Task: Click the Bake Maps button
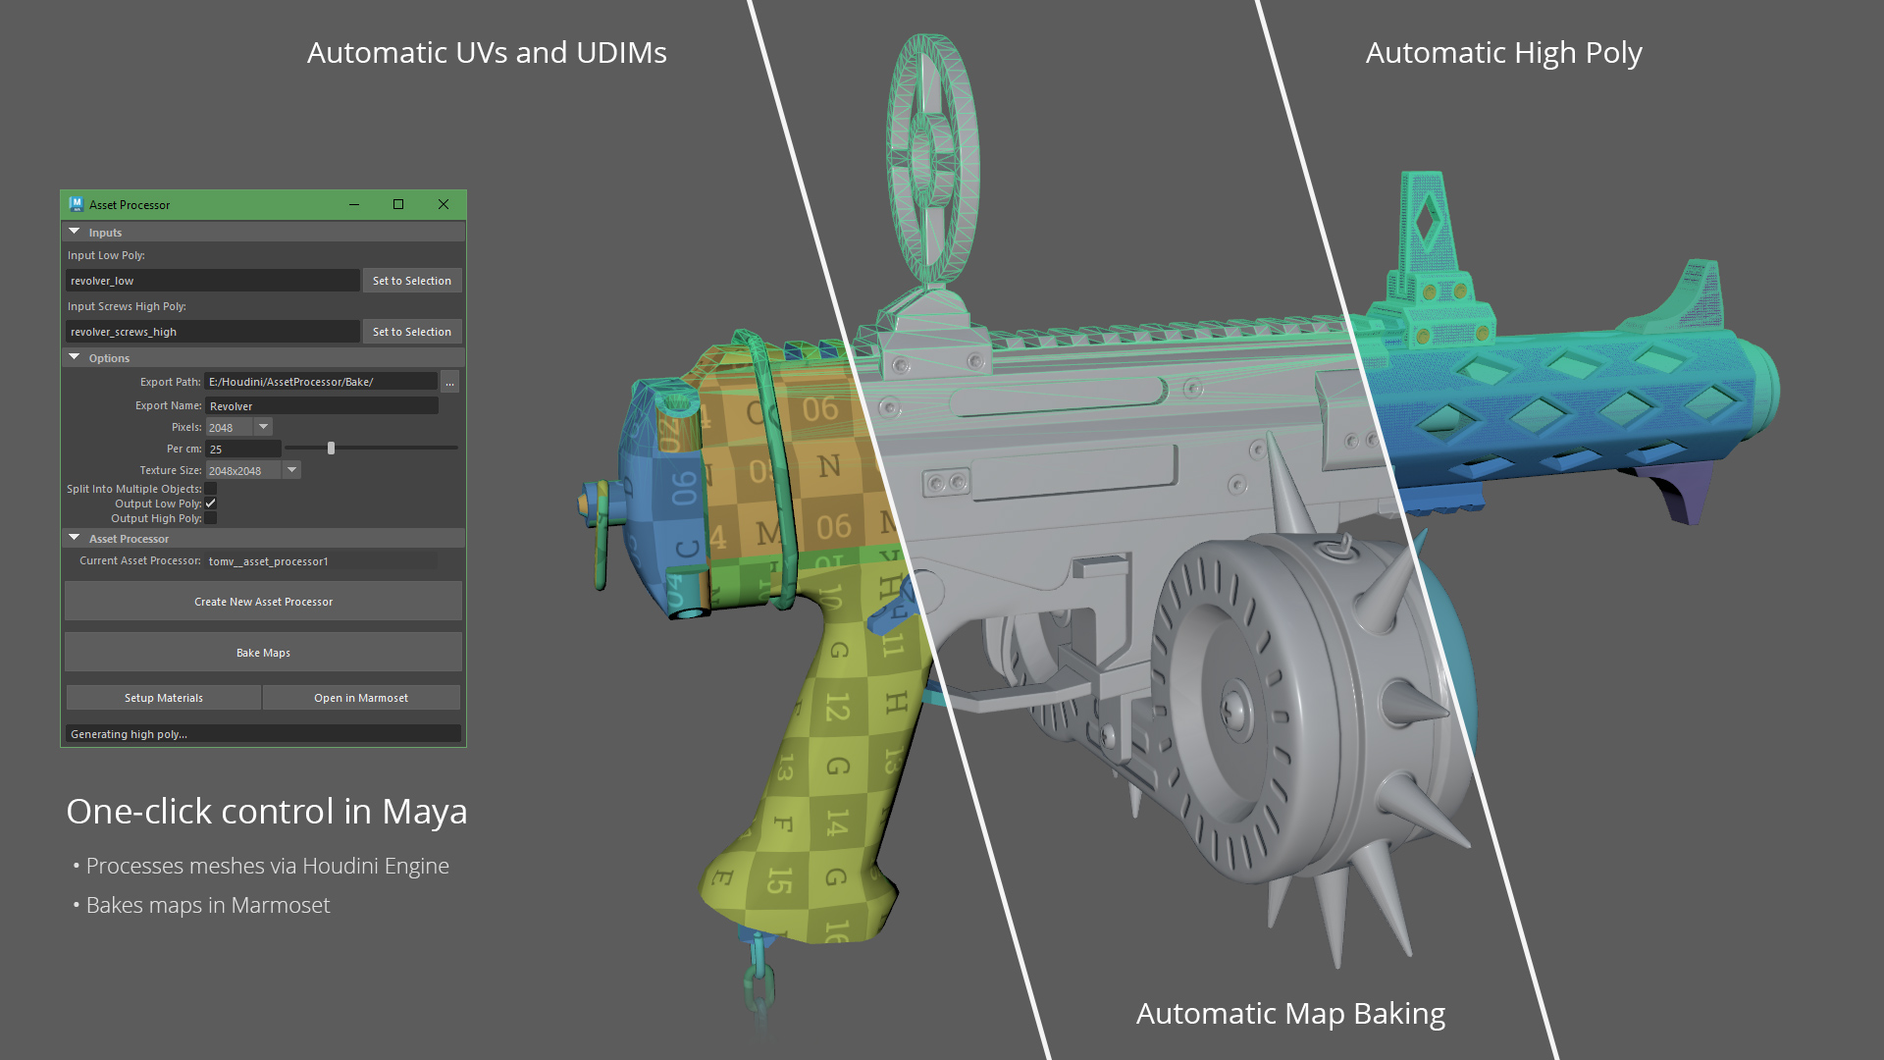(x=263, y=653)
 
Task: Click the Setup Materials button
(x=163, y=698)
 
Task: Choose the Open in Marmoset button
(x=361, y=698)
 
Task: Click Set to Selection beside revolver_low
(x=412, y=281)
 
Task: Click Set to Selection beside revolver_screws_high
(x=412, y=332)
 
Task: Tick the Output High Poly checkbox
(x=211, y=518)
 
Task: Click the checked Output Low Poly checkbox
(x=211, y=503)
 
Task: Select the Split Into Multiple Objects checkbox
(x=211, y=489)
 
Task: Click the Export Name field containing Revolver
(x=321, y=406)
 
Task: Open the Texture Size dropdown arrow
(x=291, y=470)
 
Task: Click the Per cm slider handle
(x=331, y=449)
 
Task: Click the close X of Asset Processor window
(x=444, y=204)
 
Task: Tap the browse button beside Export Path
(x=449, y=382)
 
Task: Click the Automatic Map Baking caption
(x=1290, y=1013)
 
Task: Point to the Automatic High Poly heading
(x=1503, y=52)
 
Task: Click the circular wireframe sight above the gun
(x=931, y=157)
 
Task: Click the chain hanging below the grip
(x=759, y=981)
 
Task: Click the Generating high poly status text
(x=129, y=734)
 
